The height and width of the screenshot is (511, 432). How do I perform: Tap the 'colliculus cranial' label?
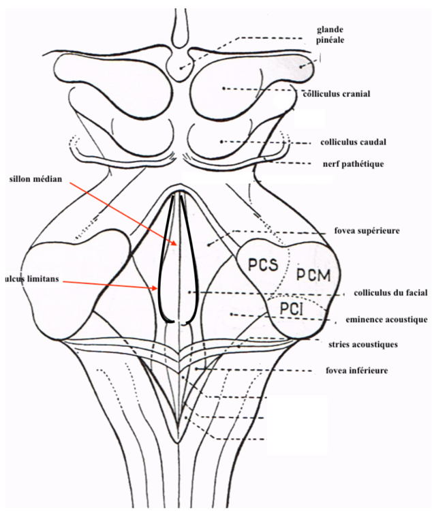337,93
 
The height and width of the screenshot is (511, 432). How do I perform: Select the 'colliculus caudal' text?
354,142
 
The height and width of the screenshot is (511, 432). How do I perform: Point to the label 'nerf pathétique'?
354,164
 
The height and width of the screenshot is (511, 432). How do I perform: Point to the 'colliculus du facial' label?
390,293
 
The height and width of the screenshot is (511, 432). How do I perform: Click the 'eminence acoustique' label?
387,318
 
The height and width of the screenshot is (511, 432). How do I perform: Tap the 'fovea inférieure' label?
367,371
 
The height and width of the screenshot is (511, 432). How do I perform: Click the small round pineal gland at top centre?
181,67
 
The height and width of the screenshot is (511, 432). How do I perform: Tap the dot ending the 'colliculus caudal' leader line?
222,141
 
